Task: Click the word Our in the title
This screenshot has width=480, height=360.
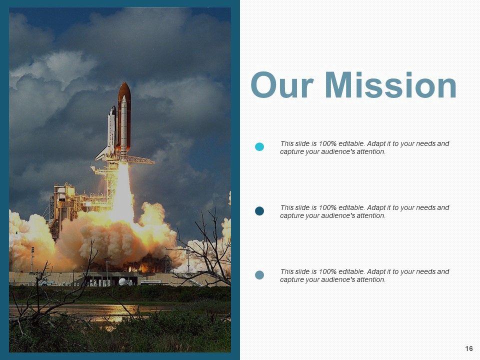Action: click(282, 85)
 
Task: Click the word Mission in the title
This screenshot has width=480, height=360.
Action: click(390, 85)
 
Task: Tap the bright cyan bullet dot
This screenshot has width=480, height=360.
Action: click(259, 147)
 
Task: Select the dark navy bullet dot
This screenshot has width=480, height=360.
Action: click(259, 211)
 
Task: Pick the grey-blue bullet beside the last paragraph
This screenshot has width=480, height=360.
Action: click(259, 275)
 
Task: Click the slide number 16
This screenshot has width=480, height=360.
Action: click(468, 348)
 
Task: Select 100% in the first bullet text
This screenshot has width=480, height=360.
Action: click(327, 143)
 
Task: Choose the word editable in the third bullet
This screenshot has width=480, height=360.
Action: click(351, 271)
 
